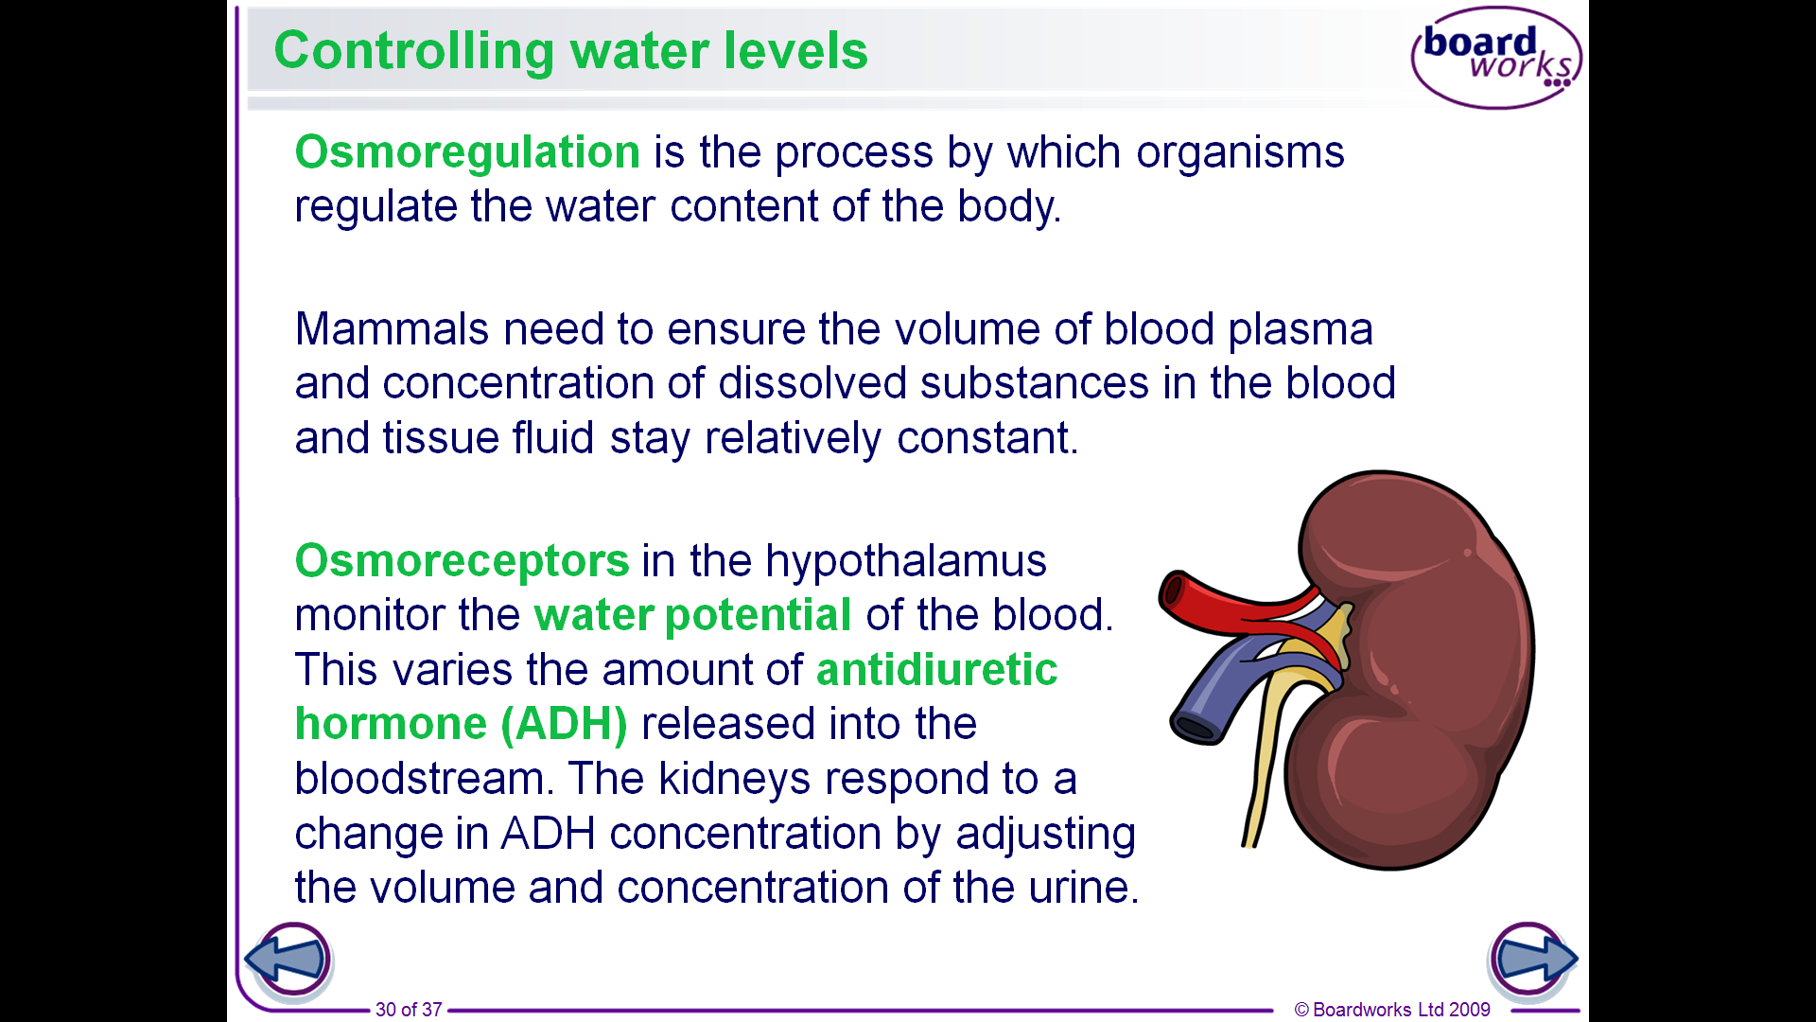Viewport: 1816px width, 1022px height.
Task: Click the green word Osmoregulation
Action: tap(467, 152)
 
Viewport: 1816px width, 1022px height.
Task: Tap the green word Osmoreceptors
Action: tap(462, 561)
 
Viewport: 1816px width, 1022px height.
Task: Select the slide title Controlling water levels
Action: tap(570, 51)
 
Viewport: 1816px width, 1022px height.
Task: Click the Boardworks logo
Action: tap(1496, 58)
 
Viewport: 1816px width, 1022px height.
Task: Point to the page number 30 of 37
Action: tap(409, 1010)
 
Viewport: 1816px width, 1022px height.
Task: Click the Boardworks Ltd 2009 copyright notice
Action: tap(1392, 1010)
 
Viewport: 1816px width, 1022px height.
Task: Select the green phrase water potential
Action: tap(692, 616)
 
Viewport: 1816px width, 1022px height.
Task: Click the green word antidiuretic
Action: tap(936, 670)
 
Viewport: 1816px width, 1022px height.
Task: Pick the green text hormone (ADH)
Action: tap(461, 725)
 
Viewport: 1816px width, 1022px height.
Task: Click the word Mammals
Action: tap(393, 330)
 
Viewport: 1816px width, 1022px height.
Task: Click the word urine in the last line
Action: tap(1079, 889)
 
